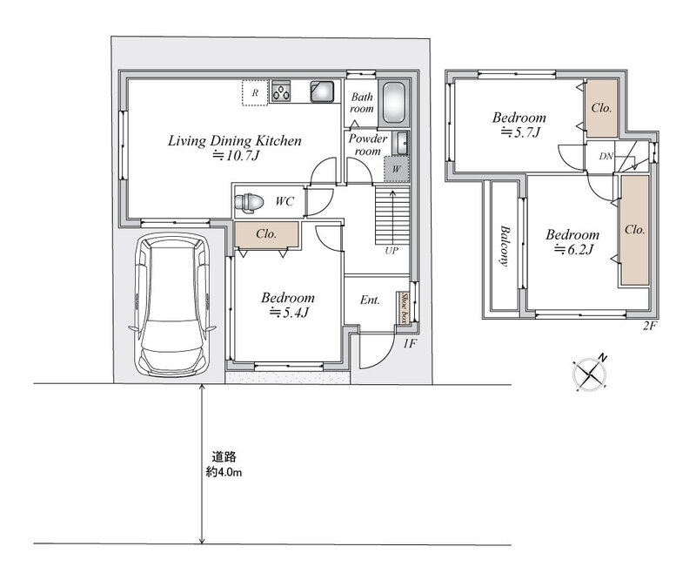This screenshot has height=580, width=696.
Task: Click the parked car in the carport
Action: (x=172, y=305)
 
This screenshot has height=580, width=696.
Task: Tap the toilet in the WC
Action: (x=249, y=202)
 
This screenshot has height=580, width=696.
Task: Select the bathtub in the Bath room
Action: (x=394, y=102)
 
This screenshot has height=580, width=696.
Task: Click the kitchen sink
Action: (x=322, y=91)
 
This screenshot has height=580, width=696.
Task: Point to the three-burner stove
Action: (x=281, y=91)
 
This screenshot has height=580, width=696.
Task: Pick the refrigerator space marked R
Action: (x=255, y=93)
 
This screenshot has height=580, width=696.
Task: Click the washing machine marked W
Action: (x=397, y=169)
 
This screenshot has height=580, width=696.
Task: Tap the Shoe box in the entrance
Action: (x=404, y=307)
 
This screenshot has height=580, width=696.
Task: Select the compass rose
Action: (x=590, y=374)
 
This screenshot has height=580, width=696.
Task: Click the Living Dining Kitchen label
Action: (x=235, y=141)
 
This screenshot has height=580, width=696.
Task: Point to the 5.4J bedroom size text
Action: (x=289, y=313)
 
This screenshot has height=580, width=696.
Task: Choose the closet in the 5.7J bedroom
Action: (x=601, y=108)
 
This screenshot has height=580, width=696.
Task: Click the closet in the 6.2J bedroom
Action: (x=635, y=230)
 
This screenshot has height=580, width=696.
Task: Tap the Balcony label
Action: (x=505, y=246)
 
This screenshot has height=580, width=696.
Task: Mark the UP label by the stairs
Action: (x=391, y=251)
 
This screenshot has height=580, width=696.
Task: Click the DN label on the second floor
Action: (x=606, y=156)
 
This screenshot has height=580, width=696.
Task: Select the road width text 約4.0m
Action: (x=224, y=472)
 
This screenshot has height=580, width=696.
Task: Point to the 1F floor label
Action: (x=409, y=343)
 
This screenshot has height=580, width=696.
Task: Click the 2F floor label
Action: (x=649, y=326)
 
